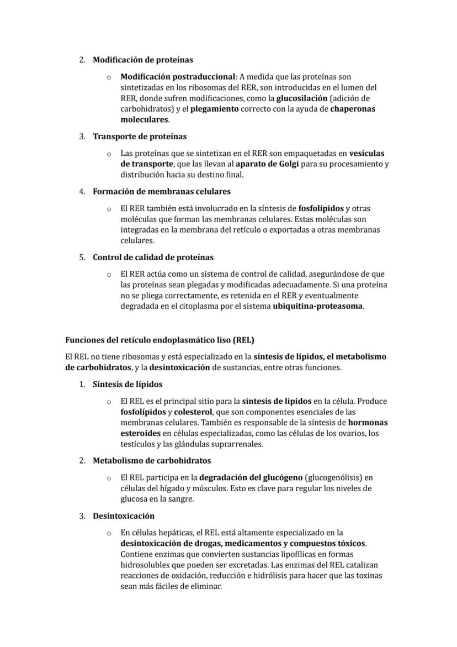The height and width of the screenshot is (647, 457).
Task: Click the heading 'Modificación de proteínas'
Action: point(142,60)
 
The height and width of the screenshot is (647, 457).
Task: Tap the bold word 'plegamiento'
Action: point(214,109)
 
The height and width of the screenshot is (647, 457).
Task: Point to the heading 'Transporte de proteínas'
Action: point(140,136)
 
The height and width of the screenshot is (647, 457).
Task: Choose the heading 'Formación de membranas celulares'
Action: point(162,192)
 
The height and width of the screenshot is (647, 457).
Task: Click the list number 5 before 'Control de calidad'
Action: point(82,257)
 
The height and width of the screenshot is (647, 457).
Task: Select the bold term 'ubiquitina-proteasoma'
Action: point(318,306)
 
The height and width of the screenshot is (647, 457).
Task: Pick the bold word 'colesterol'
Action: point(195,412)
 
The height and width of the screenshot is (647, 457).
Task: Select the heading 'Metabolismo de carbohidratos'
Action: point(152,460)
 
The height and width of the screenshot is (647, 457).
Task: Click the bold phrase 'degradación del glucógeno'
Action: point(251,477)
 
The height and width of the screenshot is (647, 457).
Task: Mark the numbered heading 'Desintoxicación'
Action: point(124,516)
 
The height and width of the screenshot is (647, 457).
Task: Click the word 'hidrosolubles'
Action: point(146,565)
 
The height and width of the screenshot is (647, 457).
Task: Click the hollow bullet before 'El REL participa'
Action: point(109,477)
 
